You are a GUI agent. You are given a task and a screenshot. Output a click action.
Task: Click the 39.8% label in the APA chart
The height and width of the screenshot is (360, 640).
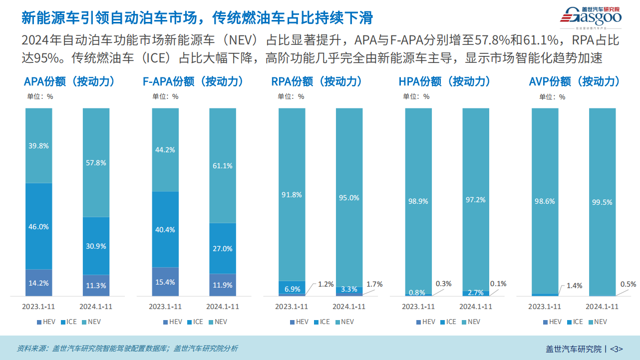point(39,146)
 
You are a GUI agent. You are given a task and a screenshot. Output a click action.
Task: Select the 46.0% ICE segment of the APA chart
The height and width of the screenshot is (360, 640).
point(39,226)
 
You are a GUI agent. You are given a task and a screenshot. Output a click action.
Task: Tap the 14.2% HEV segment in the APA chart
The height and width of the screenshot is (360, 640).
point(39,283)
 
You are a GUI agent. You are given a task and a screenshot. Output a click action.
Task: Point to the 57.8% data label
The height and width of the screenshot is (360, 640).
point(96,162)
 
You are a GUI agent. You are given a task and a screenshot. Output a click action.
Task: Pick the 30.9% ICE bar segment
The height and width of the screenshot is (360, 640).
point(96,246)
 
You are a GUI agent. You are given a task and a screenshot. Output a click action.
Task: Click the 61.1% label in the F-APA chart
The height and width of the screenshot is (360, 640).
point(223,166)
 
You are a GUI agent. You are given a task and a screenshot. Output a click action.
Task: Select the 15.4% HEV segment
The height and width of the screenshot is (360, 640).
point(165,282)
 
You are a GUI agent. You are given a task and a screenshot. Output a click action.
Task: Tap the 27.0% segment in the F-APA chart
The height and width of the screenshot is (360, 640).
point(223,248)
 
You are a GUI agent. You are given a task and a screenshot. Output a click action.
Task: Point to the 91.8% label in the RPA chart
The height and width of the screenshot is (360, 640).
point(292,195)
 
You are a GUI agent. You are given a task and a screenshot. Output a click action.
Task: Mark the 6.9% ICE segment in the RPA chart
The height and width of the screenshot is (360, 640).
point(292,288)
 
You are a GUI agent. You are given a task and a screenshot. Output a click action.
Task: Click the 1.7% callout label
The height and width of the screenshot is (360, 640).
point(374,284)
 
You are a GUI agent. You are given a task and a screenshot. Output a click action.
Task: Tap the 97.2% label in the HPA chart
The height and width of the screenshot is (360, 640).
point(476,199)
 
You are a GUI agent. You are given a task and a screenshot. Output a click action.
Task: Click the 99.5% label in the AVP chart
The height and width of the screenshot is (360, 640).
point(602,202)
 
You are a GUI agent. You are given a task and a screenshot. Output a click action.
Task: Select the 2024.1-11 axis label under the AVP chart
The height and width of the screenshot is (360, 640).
point(602,307)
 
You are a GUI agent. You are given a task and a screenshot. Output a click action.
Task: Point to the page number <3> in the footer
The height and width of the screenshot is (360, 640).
point(617,349)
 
